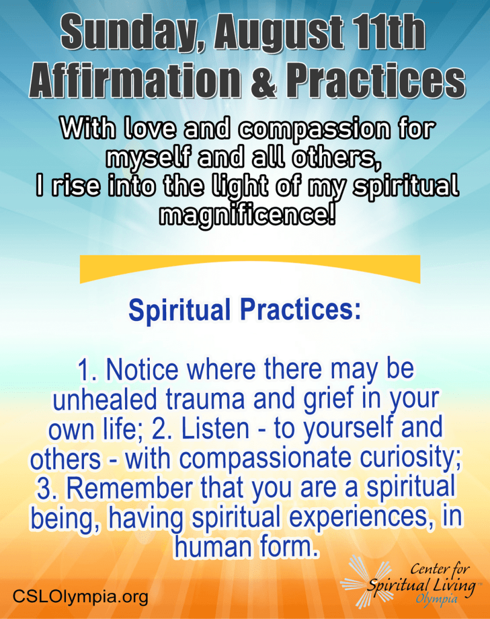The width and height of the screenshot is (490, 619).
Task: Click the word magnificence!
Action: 247,215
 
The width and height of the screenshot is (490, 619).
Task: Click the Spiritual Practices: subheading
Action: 245,310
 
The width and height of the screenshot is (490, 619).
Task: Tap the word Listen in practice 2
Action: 215,429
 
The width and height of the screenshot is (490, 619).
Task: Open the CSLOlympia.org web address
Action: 80,596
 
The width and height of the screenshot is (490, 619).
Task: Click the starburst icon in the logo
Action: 365,582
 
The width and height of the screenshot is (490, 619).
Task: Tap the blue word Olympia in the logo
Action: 437,600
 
